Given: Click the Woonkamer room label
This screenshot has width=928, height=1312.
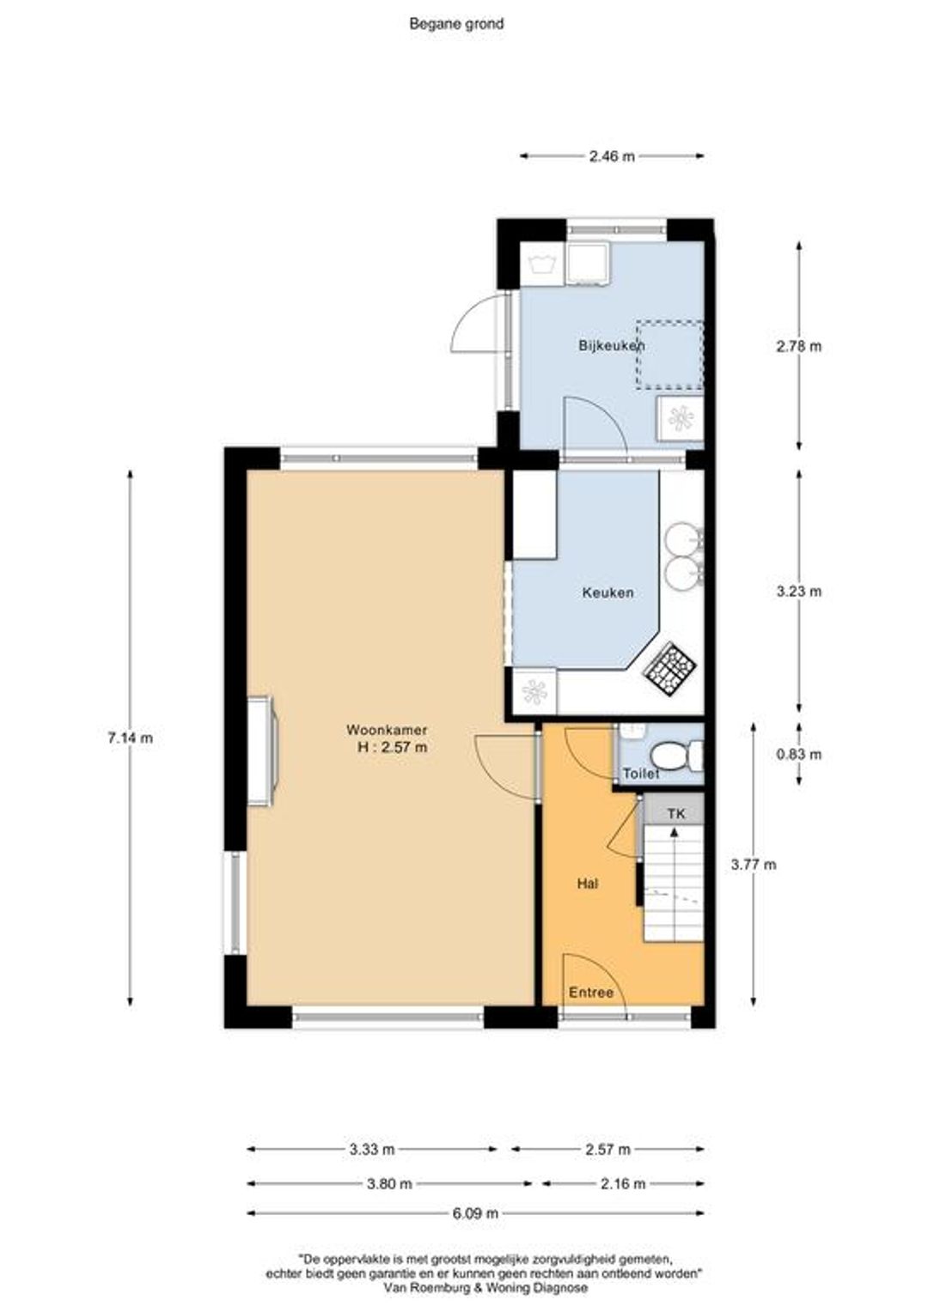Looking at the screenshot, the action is [x=387, y=731].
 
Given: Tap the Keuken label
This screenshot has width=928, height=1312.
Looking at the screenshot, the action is [x=607, y=592].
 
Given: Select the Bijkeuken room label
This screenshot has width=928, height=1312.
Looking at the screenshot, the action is [x=612, y=345].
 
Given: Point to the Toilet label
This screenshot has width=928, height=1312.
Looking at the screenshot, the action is [x=641, y=774].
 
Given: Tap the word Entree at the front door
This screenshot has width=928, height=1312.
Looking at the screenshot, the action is [x=591, y=993].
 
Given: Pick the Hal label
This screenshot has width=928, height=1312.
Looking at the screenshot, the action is [x=588, y=884].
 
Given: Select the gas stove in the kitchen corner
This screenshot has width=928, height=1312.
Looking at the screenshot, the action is [x=672, y=669].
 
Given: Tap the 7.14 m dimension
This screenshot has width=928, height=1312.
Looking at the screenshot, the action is [x=130, y=738].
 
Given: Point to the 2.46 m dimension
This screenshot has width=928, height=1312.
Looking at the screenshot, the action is [x=611, y=156].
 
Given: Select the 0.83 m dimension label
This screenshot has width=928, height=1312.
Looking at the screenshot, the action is [x=799, y=755].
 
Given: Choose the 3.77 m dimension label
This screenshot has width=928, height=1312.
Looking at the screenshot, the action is [x=754, y=864].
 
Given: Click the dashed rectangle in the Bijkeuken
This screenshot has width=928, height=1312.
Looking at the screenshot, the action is [x=670, y=355].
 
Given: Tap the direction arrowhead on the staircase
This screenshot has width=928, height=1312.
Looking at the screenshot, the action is [x=675, y=830].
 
